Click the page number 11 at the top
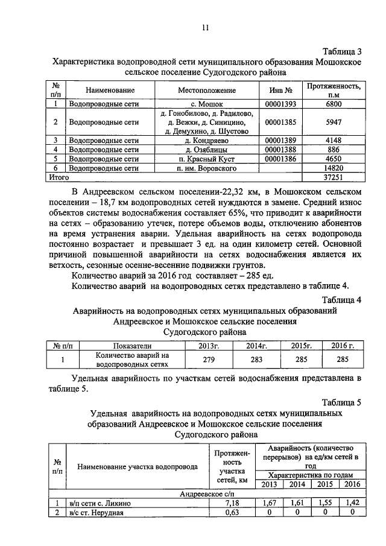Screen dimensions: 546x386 (x=205, y=28)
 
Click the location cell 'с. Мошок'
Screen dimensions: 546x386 (x=206, y=104)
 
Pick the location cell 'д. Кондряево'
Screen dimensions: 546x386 (x=206, y=140)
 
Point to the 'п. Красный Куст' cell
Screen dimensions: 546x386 (x=206, y=159)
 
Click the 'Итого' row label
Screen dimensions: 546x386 (x=59, y=177)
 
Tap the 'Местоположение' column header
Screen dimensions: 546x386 (x=206, y=90)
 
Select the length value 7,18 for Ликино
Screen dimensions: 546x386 (x=232, y=503)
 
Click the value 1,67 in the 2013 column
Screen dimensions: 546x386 (x=271, y=503)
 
